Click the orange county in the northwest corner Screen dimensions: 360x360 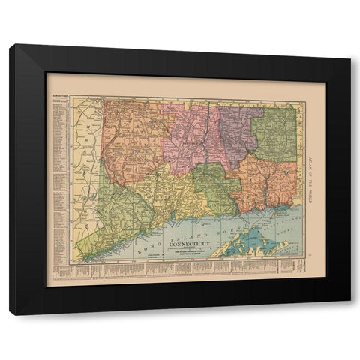(130, 139)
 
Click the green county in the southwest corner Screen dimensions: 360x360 (112, 217)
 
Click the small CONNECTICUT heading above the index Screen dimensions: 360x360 (59, 97)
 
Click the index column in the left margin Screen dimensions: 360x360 (59, 180)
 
